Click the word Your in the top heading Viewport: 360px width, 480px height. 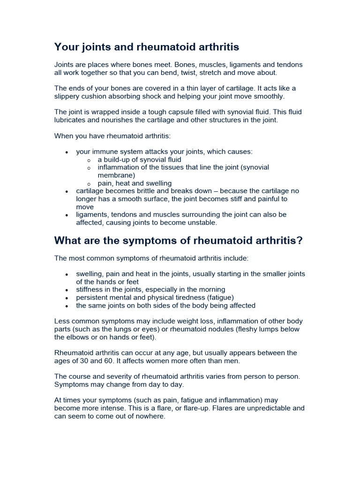click(66, 47)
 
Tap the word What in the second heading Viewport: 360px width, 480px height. click(67, 241)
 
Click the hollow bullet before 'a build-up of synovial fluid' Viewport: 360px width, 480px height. click(90, 160)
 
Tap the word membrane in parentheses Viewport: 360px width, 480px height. click(116, 175)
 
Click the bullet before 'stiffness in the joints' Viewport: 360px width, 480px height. click(67, 290)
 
